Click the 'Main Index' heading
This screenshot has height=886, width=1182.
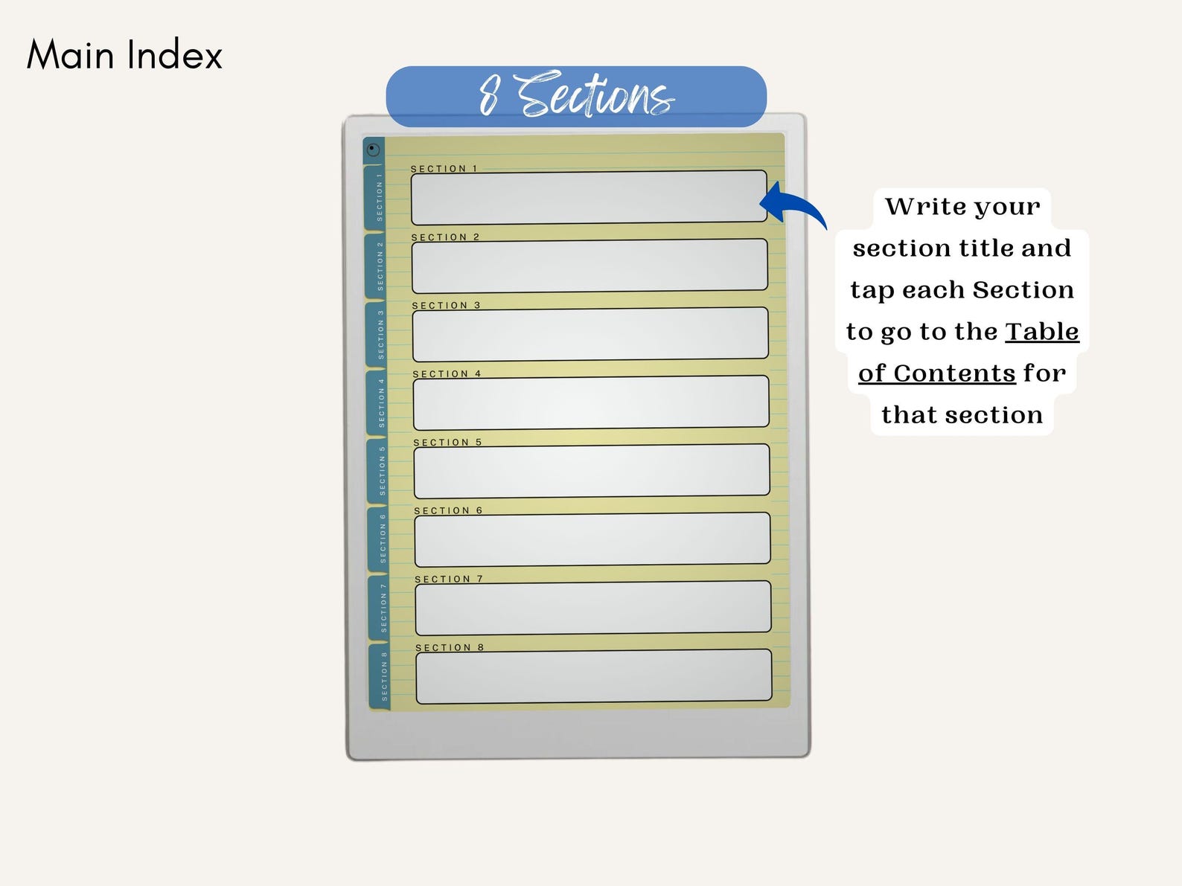coord(124,54)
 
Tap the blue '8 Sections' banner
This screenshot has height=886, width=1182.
coord(576,96)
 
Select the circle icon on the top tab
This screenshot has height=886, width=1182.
coord(373,150)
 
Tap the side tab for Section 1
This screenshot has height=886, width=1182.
coord(376,197)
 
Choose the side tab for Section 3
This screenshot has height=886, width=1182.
coord(377,334)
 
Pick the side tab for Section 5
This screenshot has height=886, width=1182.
coord(379,471)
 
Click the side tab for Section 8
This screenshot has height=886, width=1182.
coord(381,676)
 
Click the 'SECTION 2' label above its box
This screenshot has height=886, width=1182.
coord(445,237)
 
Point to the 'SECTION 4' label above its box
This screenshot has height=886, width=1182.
coord(447,374)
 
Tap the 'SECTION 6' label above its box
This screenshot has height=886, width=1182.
coord(449,510)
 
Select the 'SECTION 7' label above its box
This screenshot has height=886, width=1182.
coord(449,579)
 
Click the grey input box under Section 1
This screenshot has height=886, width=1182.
coord(589,197)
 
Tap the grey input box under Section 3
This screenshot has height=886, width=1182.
coord(590,334)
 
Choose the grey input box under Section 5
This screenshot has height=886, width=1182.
coord(592,471)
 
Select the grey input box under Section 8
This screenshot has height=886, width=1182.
coord(594,676)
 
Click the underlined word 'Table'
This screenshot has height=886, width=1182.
coord(1042,331)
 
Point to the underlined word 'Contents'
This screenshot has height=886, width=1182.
coord(955,373)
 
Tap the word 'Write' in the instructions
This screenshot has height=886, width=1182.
coord(918,207)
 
